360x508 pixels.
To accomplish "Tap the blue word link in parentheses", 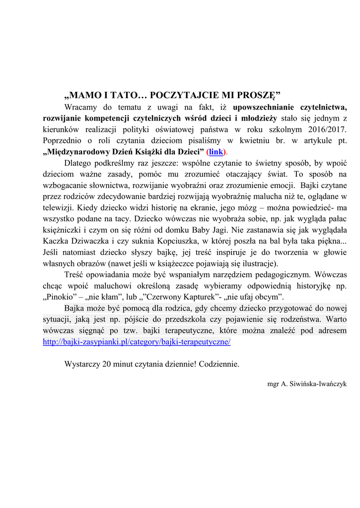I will pyautogui.click(x=216, y=152).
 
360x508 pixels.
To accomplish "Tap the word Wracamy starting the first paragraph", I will pyautogui.click(x=81, y=107).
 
